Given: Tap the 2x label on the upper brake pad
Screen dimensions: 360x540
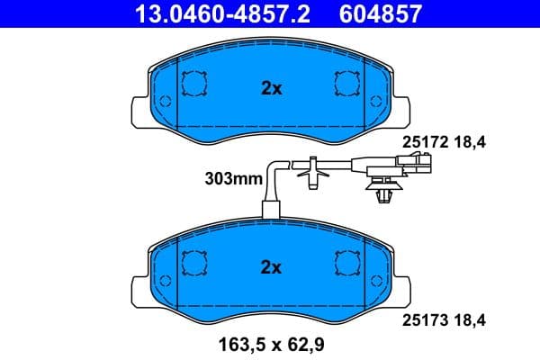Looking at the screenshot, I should (x=271, y=88).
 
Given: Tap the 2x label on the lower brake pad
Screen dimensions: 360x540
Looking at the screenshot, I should (x=271, y=267).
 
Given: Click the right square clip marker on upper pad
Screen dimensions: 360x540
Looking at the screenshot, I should (x=346, y=84).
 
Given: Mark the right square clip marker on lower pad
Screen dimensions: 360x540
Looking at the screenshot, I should (x=346, y=263).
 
